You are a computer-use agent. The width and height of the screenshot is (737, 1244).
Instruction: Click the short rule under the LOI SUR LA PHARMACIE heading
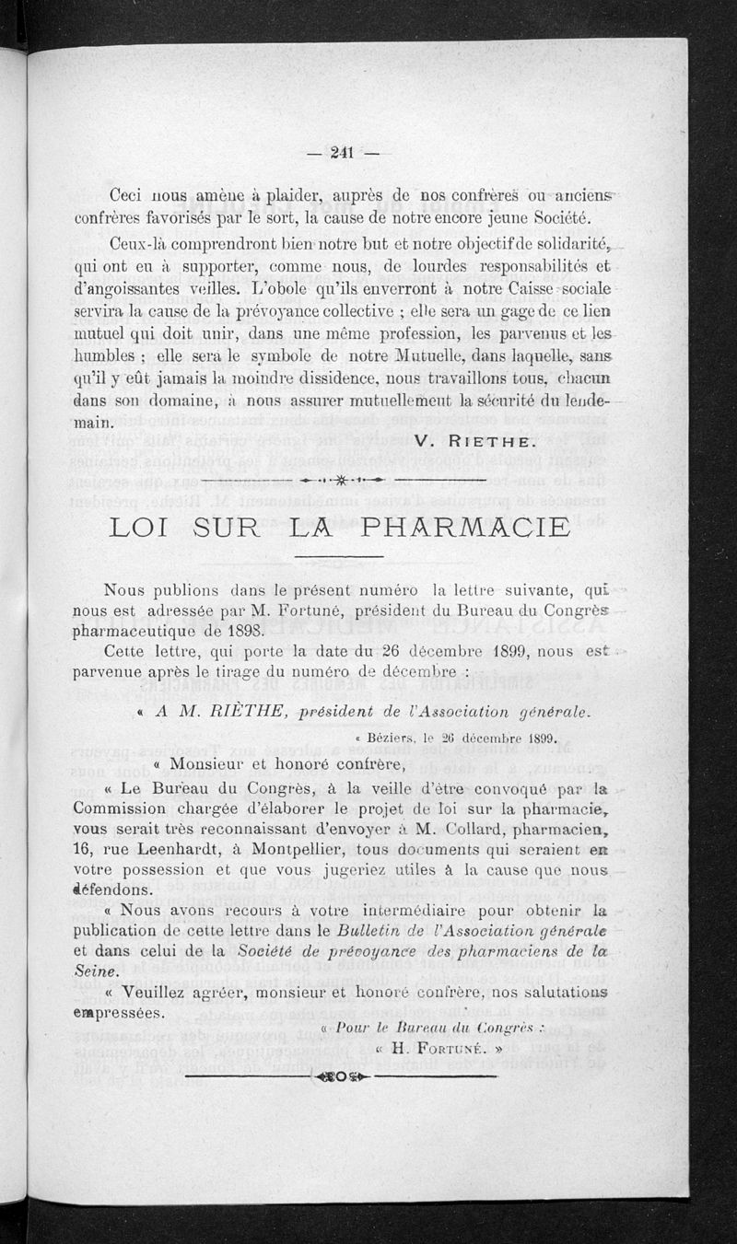[x=338, y=557]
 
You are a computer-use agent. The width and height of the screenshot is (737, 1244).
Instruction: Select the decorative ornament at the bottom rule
[x=341, y=1075]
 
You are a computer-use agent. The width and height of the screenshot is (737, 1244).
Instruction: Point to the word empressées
[x=120, y=1013]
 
